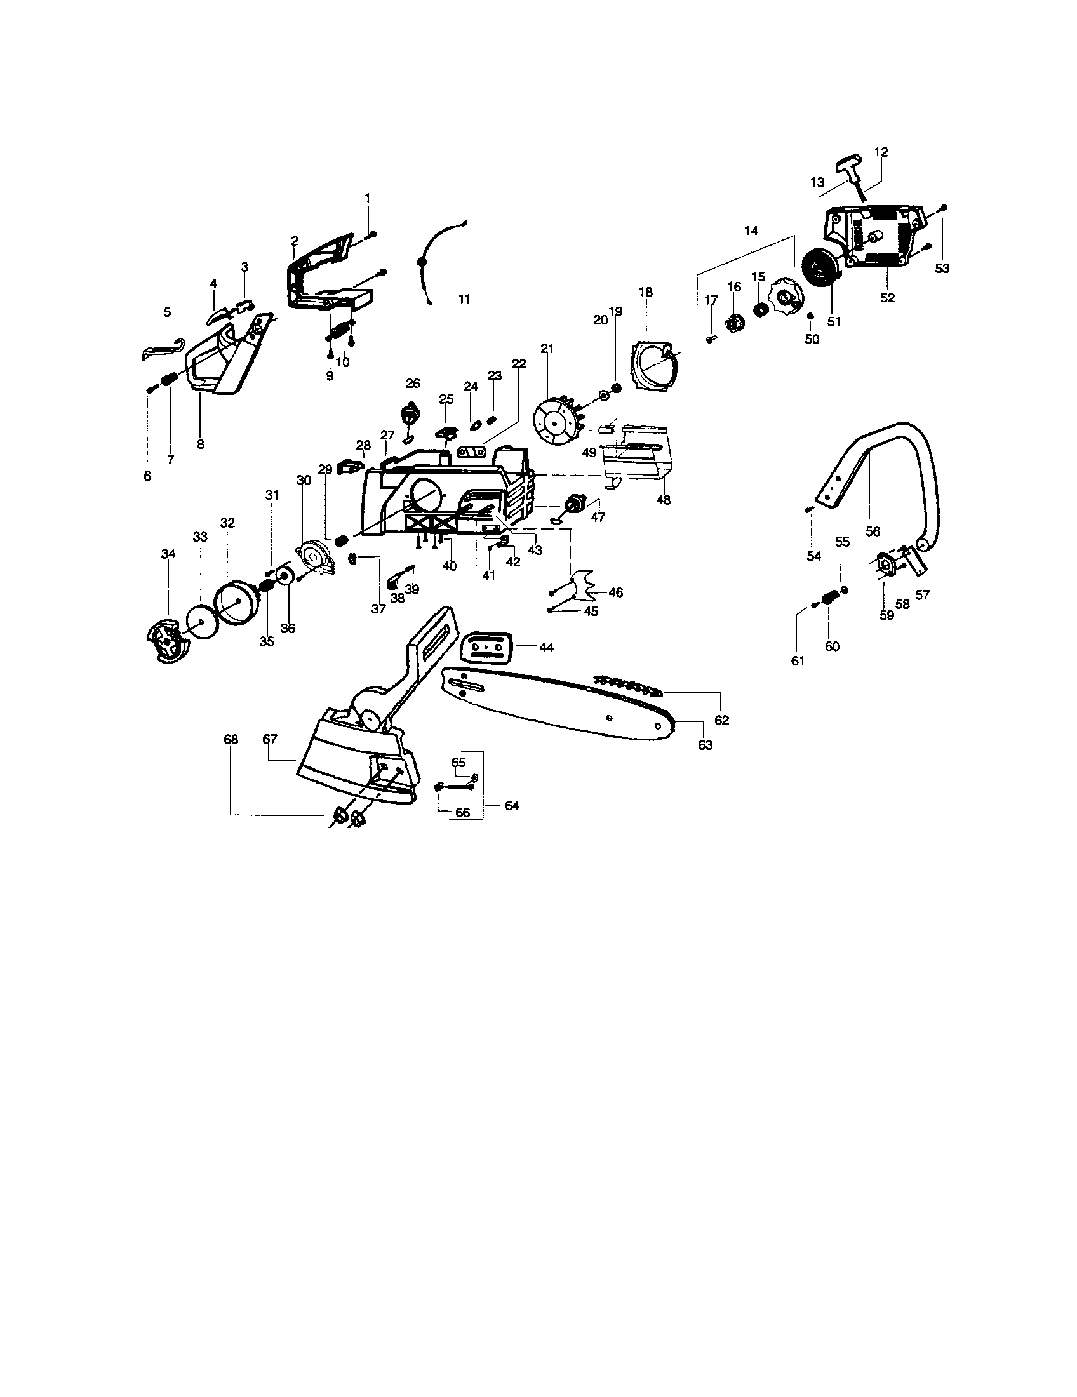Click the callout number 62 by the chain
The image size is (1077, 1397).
(x=721, y=720)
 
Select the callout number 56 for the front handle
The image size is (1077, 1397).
(x=873, y=531)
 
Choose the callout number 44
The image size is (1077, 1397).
(x=545, y=647)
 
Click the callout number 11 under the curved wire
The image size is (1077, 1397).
(x=464, y=298)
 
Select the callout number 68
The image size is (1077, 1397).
(x=231, y=739)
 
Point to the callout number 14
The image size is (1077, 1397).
(x=751, y=231)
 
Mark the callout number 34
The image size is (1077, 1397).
(x=168, y=554)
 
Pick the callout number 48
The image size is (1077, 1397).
(x=663, y=500)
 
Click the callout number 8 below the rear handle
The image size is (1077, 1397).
(x=200, y=444)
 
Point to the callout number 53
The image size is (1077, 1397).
(x=942, y=269)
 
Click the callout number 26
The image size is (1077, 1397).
(x=413, y=383)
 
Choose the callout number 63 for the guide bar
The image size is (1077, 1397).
(x=705, y=745)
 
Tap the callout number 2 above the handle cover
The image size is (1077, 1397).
(x=294, y=241)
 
